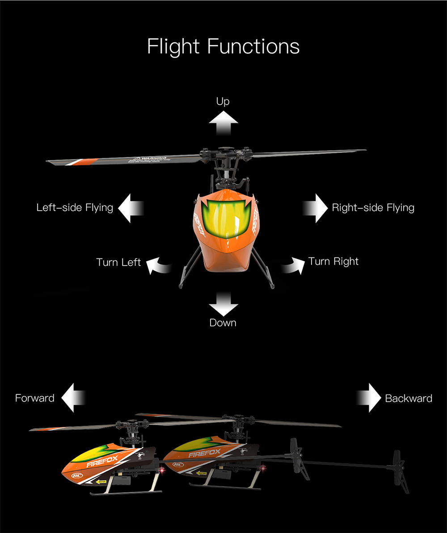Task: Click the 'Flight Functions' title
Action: [x=223, y=47]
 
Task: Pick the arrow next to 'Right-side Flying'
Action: [x=316, y=208]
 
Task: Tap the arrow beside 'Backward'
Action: [x=370, y=398]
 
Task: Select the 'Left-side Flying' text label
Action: [x=75, y=207]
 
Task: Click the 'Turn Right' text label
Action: [x=333, y=261]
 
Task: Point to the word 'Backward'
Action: [x=409, y=398]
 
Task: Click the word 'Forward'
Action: [x=35, y=398]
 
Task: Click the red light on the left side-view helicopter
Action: [x=160, y=470]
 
